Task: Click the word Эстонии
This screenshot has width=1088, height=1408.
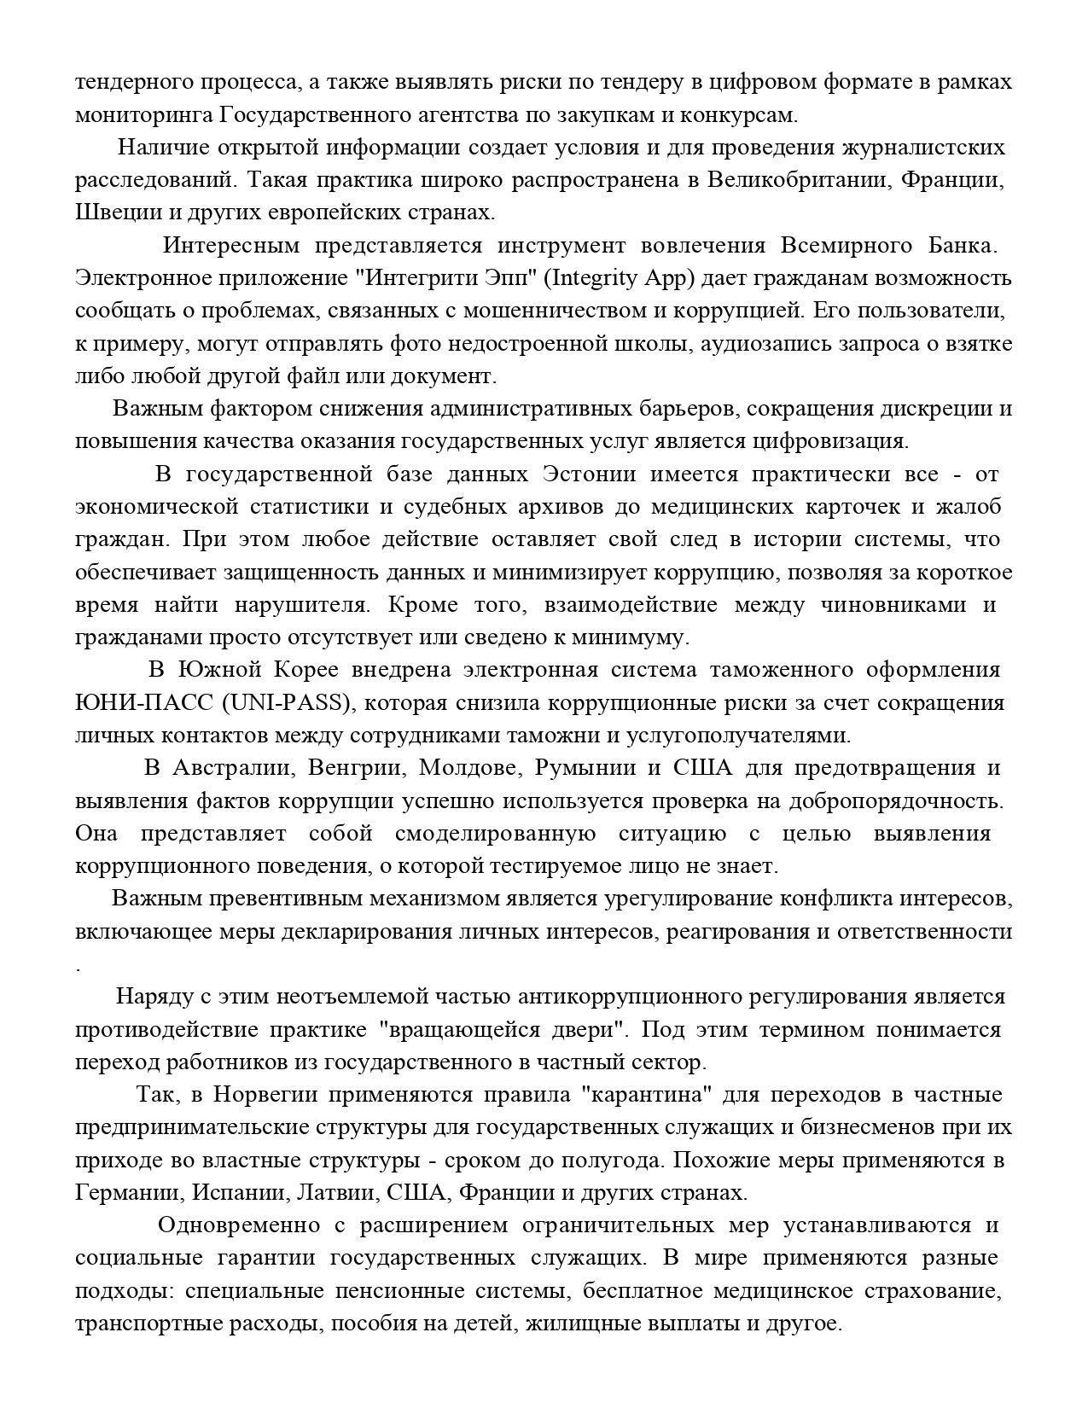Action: pyautogui.click(x=589, y=474)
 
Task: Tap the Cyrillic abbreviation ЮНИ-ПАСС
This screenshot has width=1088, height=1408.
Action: pyautogui.click(x=144, y=703)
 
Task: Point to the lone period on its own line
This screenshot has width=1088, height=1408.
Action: pyautogui.click(x=79, y=969)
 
